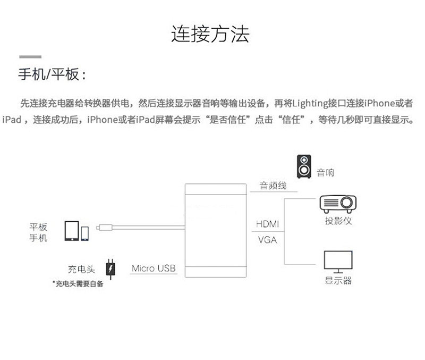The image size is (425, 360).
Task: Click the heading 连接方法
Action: click(210, 34)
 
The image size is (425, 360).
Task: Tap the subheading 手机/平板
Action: click(52, 74)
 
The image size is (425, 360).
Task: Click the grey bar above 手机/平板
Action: click(30, 56)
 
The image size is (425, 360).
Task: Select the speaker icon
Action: click(304, 166)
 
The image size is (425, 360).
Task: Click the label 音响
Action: click(326, 172)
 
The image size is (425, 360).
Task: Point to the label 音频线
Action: click(273, 186)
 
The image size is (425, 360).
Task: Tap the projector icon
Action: click(337, 204)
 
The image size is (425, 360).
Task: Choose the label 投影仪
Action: click(338, 220)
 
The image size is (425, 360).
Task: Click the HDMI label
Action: click(267, 224)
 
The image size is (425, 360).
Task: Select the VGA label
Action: click(267, 239)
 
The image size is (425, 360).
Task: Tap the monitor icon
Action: click(338, 261)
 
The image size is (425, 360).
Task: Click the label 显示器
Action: click(338, 280)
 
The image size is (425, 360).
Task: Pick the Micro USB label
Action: click(153, 268)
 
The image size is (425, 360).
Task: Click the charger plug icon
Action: click(110, 269)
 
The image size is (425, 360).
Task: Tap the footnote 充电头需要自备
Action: click(78, 283)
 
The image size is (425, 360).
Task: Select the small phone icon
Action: click(85, 233)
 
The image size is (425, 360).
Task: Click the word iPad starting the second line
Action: click(12, 120)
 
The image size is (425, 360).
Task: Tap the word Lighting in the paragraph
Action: click(311, 103)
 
